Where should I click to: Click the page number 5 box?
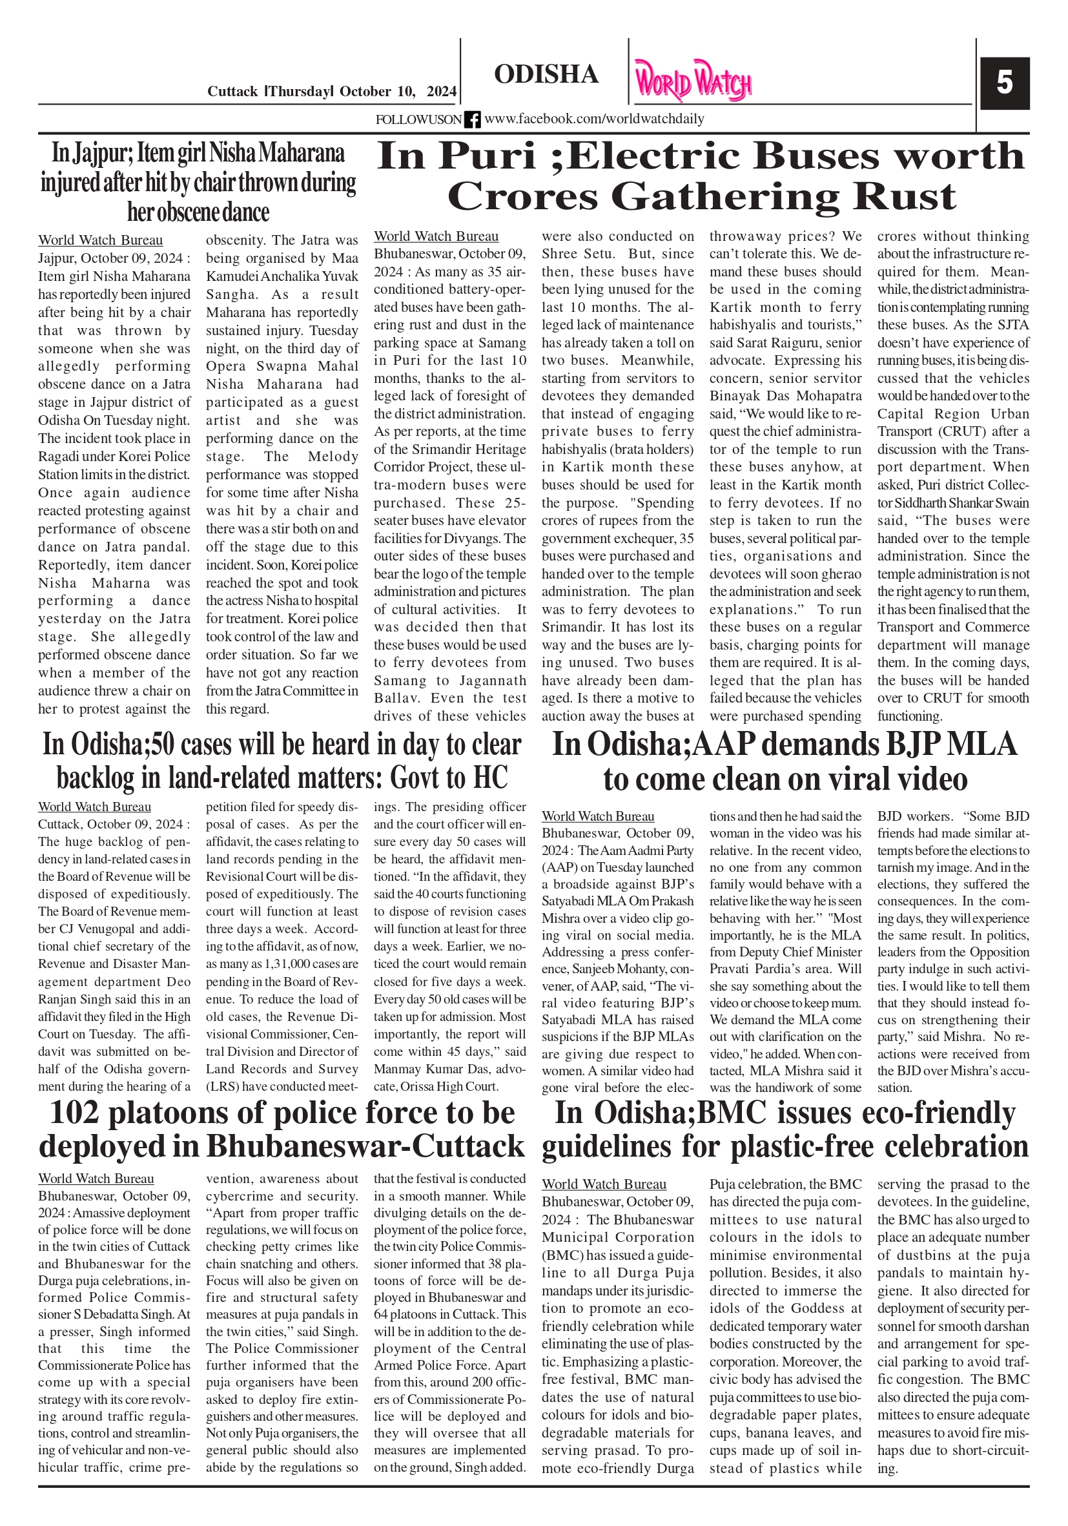click(x=1004, y=83)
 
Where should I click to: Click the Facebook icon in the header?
click(x=472, y=119)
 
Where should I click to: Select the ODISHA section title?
click(x=546, y=74)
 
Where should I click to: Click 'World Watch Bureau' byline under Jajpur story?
click(x=99, y=241)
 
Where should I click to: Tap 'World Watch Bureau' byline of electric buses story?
click(x=435, y=236)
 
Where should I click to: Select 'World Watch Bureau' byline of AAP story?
click(x=597, y=816)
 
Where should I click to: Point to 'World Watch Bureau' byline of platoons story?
click(x=96, y=1179)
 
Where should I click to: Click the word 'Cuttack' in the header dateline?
click(x=232, y=92)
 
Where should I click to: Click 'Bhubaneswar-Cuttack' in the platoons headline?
click(x=365, y=1146)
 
